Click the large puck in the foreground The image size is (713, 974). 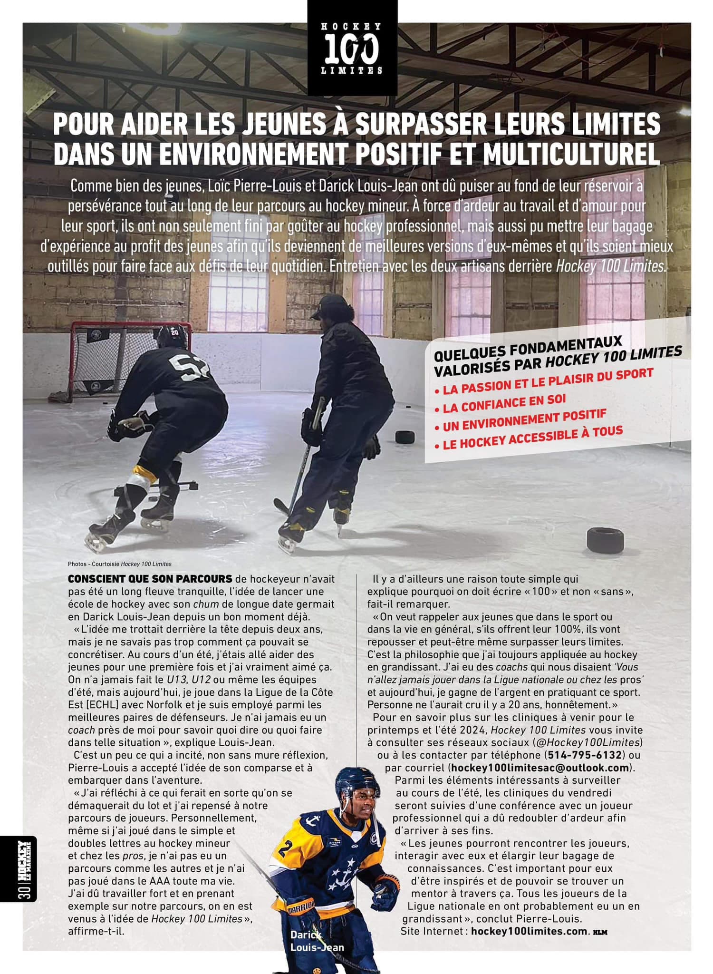coord(605,539)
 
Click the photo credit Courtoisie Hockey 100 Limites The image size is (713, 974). coord(119,564)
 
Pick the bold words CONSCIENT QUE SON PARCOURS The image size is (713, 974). coord(150,579)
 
